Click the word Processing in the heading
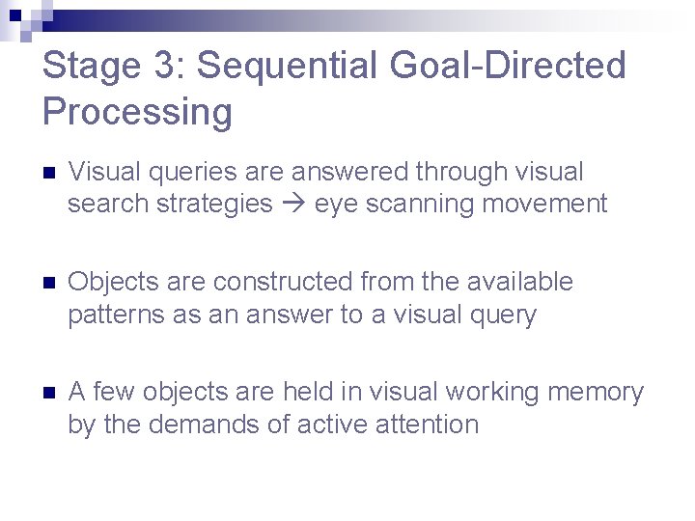[x=137, y=112]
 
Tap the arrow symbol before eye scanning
[x=293, y=205]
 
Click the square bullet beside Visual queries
[x=50, y=174]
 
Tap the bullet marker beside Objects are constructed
[x=50, y=284]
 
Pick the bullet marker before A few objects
[x=50, y=394]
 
